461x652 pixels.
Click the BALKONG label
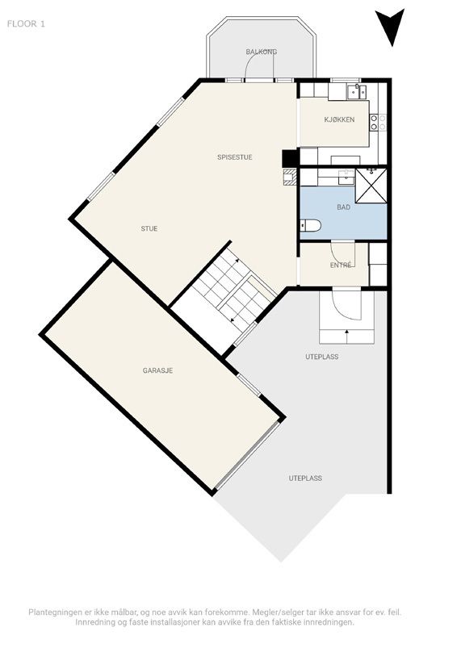262,52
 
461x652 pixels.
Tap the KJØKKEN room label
340,119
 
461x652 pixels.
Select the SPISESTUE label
235,157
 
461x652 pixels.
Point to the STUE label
149,228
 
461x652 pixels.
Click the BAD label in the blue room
344,207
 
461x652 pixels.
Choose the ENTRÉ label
341,265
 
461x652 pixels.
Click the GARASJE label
157,370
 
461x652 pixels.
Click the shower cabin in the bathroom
371,186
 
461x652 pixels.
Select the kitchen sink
357,91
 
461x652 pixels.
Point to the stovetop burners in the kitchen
378,122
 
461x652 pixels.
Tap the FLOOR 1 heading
26,23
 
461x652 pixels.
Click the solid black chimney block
290,158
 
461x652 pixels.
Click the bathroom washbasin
346,176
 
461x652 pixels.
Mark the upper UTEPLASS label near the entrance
321,357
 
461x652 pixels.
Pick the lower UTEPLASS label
305,479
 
